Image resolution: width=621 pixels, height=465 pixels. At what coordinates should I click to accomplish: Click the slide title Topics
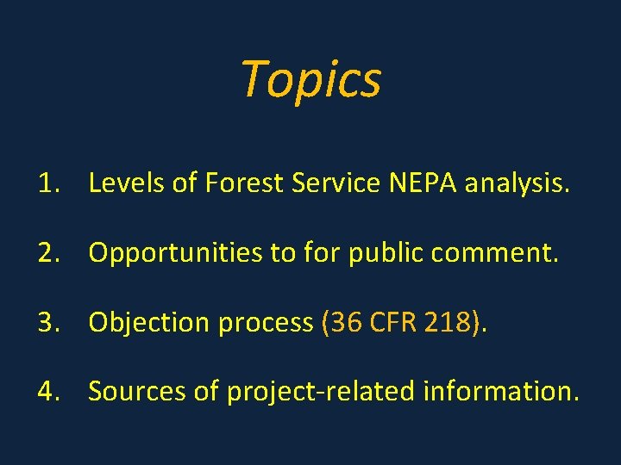[x=310, y=80]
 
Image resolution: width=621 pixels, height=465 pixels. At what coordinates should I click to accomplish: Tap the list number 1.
[x=47, y=183]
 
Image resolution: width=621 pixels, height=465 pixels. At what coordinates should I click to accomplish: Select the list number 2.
[x=47, y=252]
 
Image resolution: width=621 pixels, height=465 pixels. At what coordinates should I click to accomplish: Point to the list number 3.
[x=47, y=322]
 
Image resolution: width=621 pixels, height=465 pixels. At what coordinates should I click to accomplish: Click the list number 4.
[x=47, y=391]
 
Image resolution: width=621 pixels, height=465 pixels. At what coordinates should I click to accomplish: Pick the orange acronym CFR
[x=395, y=322]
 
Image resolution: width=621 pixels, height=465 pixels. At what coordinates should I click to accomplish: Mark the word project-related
[x=321, y=392]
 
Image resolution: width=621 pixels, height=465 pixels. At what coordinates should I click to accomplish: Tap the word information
[x=500, y=391]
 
